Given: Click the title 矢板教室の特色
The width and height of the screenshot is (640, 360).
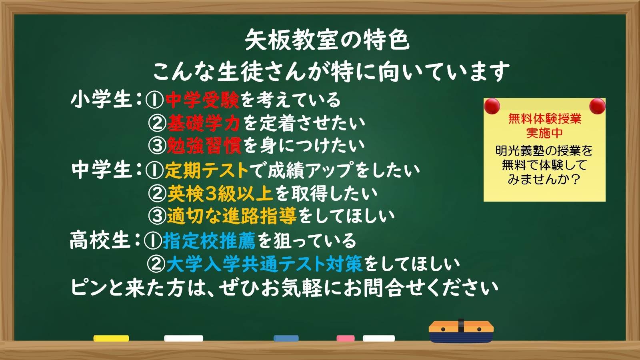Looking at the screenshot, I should (327, 40).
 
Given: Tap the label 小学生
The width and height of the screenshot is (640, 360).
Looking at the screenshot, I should (101, 100).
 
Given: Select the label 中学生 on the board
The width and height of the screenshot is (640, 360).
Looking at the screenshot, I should (101, 170).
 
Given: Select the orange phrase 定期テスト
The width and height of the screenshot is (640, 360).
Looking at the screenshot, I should (207, 170).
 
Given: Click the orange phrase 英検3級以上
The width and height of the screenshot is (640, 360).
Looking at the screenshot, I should (220, 194).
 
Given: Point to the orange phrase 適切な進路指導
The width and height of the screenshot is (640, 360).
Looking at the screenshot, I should (232, 216).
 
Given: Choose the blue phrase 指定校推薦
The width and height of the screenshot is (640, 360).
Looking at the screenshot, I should (209, 241).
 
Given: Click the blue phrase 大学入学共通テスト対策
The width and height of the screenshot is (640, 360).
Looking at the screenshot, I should (264, 264).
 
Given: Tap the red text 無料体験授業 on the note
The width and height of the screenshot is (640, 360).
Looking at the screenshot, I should (544, 119).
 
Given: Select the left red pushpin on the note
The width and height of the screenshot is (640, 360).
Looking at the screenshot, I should (492, 106).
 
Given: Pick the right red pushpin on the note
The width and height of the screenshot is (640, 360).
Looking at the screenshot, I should (597, 106).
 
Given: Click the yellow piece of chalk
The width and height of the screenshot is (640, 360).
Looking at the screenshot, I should (111, 338).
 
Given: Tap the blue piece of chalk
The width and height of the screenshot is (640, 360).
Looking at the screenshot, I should (286, 338).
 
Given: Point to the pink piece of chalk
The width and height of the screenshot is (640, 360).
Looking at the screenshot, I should (345, 338).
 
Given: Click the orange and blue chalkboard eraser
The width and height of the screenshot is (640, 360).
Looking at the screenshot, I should (461, 332).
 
